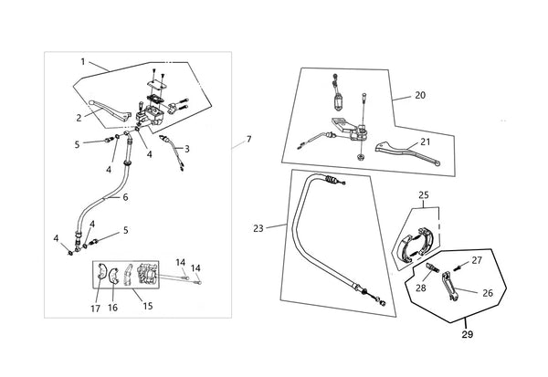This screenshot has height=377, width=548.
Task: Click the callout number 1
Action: click(83, 62)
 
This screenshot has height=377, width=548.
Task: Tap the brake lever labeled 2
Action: click(110, 111)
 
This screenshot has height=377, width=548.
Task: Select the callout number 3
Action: click(187, 149)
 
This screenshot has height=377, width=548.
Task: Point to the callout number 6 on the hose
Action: click(125, 197)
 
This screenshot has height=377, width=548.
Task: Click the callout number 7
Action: click(248, 140)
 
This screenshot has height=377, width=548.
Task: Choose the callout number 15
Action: click(148, 306)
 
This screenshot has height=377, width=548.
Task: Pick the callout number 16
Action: click(113, 308)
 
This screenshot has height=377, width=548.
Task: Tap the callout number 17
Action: click(95, 309)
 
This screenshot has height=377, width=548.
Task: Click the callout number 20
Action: click(420, 95)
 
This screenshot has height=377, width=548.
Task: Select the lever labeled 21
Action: click(407, 152)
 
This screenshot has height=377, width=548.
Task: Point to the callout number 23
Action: click(258, 229)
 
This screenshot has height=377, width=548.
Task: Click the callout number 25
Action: click(424, 195)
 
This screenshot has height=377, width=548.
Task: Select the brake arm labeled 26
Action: click(449, 286)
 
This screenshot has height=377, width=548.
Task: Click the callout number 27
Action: click(477, 260)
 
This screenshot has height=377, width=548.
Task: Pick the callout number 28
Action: click(421, 288)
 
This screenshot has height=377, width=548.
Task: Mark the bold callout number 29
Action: click(468, 334)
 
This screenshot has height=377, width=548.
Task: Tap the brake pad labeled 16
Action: click(113, 274)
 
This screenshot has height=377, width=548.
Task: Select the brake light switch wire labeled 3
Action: click(172, 151)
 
